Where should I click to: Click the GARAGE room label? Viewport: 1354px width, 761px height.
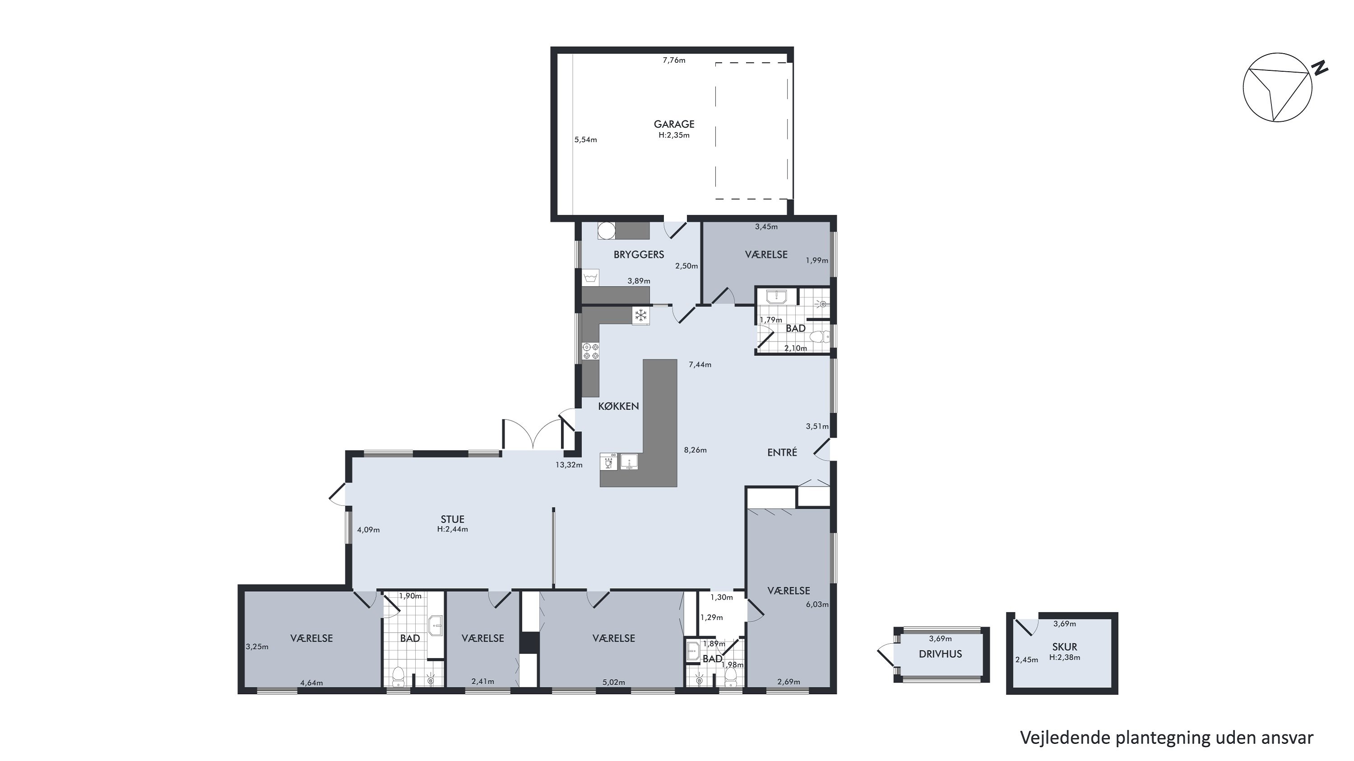[x=674, y=125]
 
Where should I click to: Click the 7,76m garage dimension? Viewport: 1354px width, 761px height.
[x=674, y=60]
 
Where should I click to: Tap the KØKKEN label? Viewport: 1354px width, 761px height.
[x=619, y=406]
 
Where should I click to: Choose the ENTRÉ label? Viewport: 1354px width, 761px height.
[x=782, y=452]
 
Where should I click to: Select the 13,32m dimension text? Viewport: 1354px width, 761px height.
[x=569, y=465]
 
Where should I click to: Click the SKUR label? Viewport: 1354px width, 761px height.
[x=1064, y=647]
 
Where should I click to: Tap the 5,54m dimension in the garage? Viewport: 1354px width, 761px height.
[x=585, y=140]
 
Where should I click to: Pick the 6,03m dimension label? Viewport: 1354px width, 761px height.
[x=817, y=604]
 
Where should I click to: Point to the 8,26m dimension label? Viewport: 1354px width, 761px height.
[x=695, y=450]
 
